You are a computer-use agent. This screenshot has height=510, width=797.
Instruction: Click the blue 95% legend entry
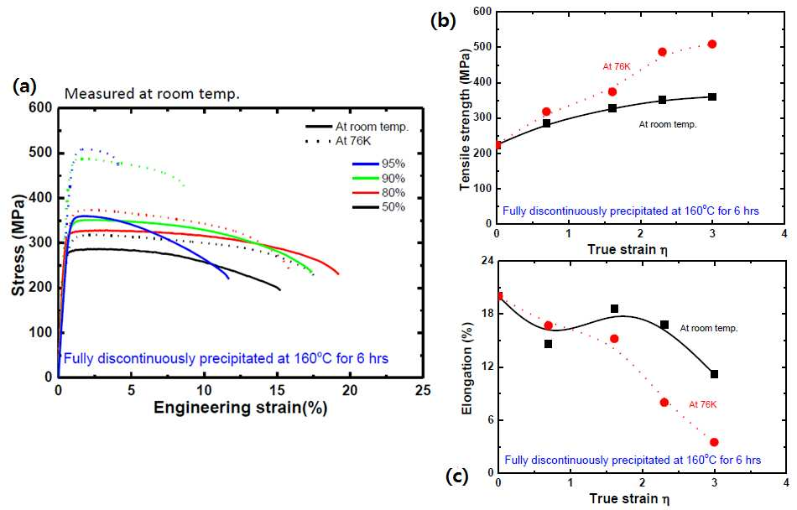(379, 164)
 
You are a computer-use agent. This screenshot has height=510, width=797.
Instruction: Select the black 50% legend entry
(379, 206)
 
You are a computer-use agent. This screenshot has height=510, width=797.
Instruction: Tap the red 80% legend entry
(379, 193)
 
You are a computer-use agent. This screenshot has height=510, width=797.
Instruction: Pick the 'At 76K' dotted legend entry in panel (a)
(339, 141)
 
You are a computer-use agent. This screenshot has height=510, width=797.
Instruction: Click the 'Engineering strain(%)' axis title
(241, 408)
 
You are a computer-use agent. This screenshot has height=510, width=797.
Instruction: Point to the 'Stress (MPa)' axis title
(18, 245)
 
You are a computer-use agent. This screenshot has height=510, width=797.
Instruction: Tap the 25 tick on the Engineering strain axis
(422, 390)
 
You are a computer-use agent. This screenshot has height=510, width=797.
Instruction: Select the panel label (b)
(443, 20)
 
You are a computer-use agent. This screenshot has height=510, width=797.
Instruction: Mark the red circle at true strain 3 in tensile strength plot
(712, 44)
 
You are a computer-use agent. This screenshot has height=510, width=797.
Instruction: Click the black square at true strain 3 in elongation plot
(714, 374)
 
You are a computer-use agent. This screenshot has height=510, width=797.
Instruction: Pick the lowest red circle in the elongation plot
(714, 442)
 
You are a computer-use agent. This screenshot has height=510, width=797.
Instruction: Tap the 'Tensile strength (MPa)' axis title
(465, 121)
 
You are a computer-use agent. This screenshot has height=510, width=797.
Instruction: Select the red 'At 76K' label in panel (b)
(617, 66)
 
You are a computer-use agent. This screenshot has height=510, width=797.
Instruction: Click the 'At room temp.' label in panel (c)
(709, 328)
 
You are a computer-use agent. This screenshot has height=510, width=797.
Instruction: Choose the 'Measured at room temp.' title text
(152, 94)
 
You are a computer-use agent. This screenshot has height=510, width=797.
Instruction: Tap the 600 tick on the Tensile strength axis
(482, 12)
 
